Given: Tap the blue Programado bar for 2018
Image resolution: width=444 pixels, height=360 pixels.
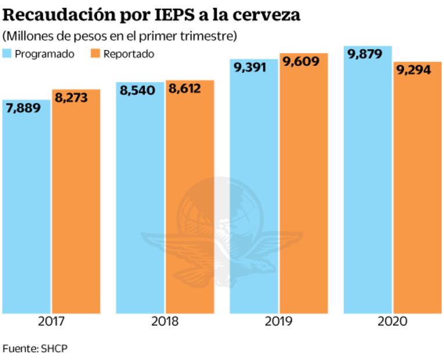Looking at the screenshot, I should (139, 203).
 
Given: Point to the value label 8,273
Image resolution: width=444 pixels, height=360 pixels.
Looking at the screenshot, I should (71, 98).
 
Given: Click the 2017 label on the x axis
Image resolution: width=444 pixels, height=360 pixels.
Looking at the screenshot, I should (51, 321).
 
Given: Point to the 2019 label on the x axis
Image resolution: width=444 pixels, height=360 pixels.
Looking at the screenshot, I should (278, 321).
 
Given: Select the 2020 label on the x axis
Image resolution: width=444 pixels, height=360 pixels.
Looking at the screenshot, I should (392, 321).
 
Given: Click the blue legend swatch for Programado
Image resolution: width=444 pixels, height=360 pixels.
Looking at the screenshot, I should (7, 54).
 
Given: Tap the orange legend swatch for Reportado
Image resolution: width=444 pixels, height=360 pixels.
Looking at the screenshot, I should (96, 54).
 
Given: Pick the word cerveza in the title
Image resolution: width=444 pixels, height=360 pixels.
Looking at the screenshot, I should (268, 15).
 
